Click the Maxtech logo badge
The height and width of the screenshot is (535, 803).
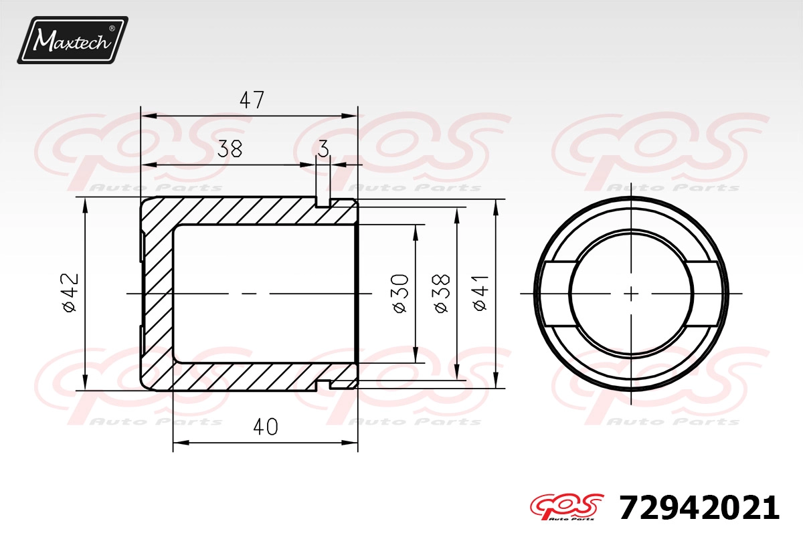pyautogui.click(x=73, y=40)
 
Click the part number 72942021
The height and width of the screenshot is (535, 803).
pyautogui.click(x=699, y=508)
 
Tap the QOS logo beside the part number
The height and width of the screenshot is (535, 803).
pyautogui.click(x=567, y=507)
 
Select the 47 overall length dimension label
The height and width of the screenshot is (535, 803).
pyautogui.click(x=252, y=100)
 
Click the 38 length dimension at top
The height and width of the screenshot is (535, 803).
pyautogui.click(x=230, y=148)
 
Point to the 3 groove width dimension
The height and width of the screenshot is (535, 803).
pyautogui.click(x=323, y=148)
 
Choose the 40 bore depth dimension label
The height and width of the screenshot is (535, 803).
pyautogui.click(x=266, y=427)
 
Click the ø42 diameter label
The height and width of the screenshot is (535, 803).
pyautogui.click(x=70, y=292)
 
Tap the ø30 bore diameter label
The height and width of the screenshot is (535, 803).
pyautogui.click(x=400, y=294)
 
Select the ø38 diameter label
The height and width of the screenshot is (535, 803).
pyautogui.click(x=442, y=294)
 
